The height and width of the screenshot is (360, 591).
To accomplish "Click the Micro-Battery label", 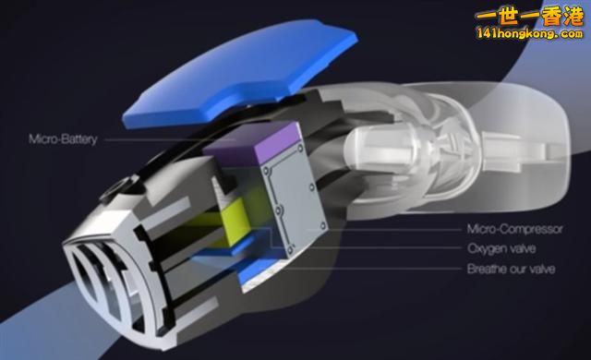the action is coord(63,139).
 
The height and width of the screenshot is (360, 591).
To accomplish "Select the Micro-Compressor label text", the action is coord(514,229).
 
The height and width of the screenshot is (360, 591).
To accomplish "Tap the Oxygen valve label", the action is coord(501,248).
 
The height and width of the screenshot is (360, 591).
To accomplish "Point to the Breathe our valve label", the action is coord(511,269).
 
